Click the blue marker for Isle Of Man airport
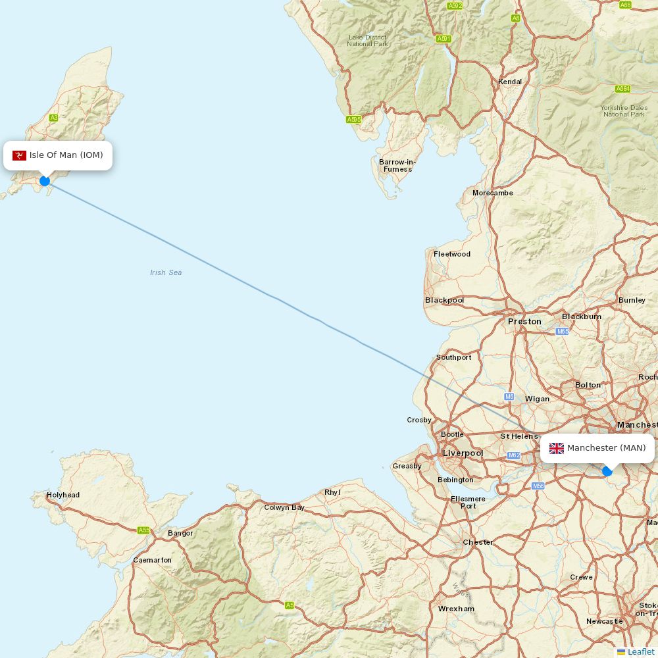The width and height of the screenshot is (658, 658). pos(45,181)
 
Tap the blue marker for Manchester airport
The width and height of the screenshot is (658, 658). pos(607,471)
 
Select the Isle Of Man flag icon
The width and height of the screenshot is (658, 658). pos(19,155)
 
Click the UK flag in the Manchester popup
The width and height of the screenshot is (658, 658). pos(557,448)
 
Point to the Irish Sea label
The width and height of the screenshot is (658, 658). pos(166,272)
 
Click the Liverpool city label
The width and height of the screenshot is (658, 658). pos(463,453)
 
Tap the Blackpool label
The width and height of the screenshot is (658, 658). pos(444,300)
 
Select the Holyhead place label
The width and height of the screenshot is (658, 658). pos(63,495)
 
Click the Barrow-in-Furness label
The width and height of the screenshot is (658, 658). pos(397,165)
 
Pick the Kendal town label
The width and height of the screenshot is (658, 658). pos(510,82)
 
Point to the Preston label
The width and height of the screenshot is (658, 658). pos(524,321)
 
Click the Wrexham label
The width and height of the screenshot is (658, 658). pos(456,609)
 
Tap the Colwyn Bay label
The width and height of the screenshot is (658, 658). pos(284,507)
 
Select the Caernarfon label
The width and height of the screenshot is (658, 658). pos(152,560)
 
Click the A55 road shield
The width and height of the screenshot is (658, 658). pos(144,530)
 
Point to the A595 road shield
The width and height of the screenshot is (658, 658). pos(354,119)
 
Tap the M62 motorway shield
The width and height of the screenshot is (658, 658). pos(514,455)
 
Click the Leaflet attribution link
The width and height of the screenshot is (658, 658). pos(640,651)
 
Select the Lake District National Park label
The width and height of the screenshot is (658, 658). pos(368,41)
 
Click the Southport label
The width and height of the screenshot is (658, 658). pos(454,357)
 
